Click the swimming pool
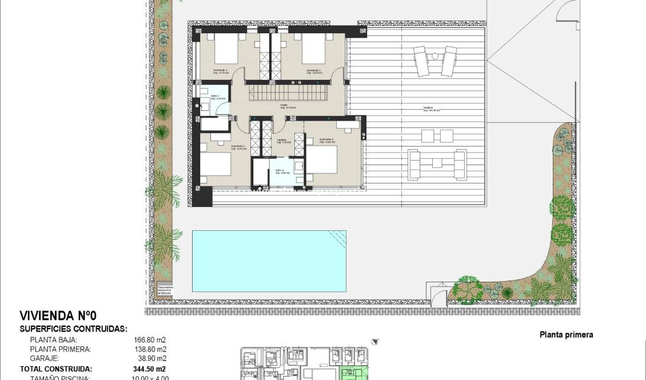269,261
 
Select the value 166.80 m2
146,339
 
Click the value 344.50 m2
146,369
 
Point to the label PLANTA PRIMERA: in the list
60,349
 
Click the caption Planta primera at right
566,335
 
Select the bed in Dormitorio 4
225,50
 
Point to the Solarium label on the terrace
428,108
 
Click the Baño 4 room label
278,172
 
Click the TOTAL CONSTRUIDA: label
56,369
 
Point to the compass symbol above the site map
374,342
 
